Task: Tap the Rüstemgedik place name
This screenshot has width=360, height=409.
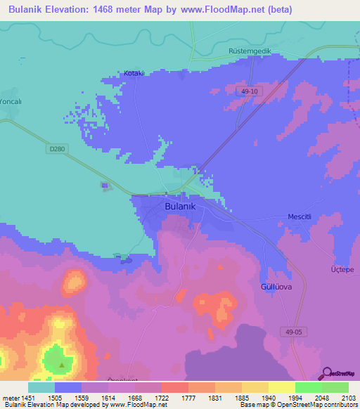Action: (x=250, y=53)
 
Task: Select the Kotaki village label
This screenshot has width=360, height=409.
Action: (x=134, y=73)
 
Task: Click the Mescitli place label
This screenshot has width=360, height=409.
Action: (x=303, y=217)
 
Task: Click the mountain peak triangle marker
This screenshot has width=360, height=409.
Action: (x=62, y=365)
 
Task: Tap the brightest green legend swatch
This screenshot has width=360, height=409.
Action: (x=309, y=387)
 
